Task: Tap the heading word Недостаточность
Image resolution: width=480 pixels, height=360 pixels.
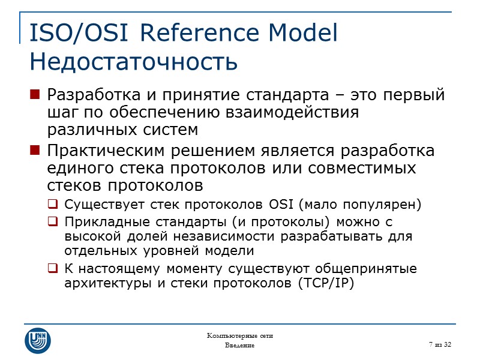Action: pos(133,61)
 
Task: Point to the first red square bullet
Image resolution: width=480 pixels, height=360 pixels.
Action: pos(35,95)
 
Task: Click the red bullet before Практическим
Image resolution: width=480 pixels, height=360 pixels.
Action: pos(35,150)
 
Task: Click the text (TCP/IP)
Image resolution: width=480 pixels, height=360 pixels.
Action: pos(326,284)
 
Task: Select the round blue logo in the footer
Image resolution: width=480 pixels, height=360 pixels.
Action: pos(37,340)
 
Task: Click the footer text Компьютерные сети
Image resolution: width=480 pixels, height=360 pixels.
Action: pos(239,335)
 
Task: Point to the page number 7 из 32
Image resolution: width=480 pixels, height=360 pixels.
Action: pos(440,343)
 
